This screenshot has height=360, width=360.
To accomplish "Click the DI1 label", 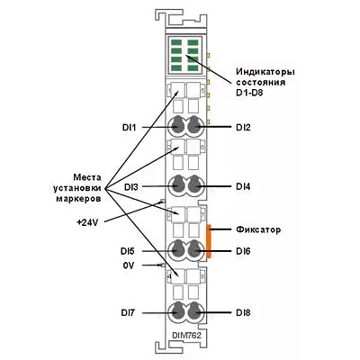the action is tap(129, 128).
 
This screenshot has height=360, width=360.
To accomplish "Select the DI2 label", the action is tap(243, 128).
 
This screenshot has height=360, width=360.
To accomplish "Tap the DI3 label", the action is tap(131, 187).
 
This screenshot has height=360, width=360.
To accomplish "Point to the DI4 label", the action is tap(243, 186).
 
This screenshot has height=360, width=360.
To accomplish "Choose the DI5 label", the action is tap(129, 251).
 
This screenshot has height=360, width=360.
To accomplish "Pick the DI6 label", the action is tap(243, 251).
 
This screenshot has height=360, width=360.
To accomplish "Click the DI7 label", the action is tap(129, 312).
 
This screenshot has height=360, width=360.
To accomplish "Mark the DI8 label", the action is tap(243, 312).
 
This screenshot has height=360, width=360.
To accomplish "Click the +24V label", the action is tap(87, 222).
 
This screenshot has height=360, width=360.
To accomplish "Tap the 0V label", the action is tap(129, 265).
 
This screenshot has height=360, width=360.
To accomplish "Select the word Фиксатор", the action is tap(258, 229).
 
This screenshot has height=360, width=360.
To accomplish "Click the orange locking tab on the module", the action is tap(209, 240).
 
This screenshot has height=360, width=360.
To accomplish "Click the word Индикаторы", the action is tap(265, 72).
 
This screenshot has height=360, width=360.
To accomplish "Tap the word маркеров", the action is tap(78, 199).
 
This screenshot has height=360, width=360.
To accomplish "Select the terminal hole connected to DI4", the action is tap(194, 186).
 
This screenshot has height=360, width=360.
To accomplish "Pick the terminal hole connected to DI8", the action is tap(194, 312).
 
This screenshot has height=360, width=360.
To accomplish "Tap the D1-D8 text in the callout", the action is tap(249, 93).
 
